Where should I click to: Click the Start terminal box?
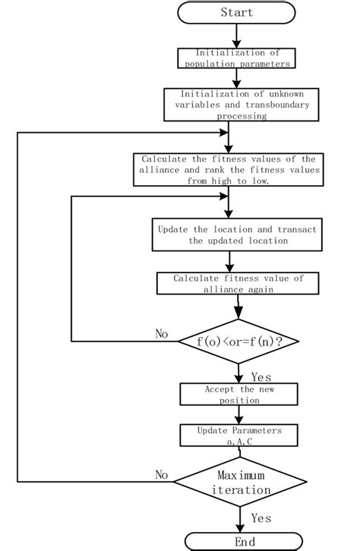coord(236,12)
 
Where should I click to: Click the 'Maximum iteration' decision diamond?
coord(241,482)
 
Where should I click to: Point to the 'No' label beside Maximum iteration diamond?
coord(162,474)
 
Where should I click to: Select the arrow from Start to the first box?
coord(237,36)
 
